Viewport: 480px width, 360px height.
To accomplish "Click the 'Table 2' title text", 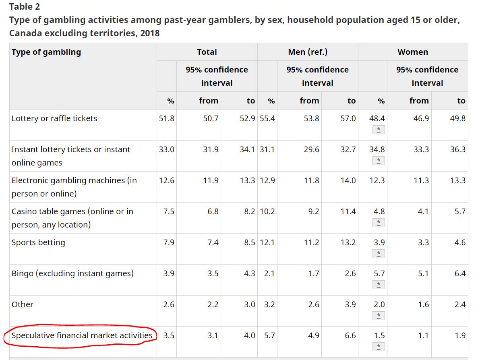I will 25,7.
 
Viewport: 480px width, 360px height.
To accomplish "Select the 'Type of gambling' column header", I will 46,52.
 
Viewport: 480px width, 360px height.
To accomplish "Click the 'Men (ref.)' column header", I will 308,52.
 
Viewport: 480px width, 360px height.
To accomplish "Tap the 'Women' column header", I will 413,52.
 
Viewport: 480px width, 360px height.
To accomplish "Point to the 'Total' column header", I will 207,52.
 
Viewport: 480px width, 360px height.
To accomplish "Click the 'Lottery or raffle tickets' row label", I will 54,118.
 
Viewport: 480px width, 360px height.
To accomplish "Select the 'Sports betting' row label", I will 38,242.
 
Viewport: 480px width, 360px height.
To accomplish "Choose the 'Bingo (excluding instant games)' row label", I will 72,273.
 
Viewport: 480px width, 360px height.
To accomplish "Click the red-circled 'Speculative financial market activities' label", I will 82,335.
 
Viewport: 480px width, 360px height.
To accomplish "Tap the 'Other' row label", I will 23,304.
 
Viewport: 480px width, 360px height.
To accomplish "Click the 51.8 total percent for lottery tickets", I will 167,118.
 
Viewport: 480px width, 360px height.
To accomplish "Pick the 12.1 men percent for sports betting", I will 267,242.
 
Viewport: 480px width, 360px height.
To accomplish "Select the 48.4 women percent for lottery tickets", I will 377,118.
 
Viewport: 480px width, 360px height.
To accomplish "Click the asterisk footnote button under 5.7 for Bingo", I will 379,285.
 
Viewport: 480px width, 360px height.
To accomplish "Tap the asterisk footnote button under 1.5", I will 379,347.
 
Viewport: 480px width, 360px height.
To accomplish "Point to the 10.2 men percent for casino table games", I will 267,211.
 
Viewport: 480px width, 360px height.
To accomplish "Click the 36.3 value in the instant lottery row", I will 458,149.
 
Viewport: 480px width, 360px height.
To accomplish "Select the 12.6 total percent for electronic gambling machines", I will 167,180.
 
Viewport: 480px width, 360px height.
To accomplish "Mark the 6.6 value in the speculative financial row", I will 350,335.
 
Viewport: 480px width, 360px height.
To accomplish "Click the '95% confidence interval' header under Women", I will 427,76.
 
